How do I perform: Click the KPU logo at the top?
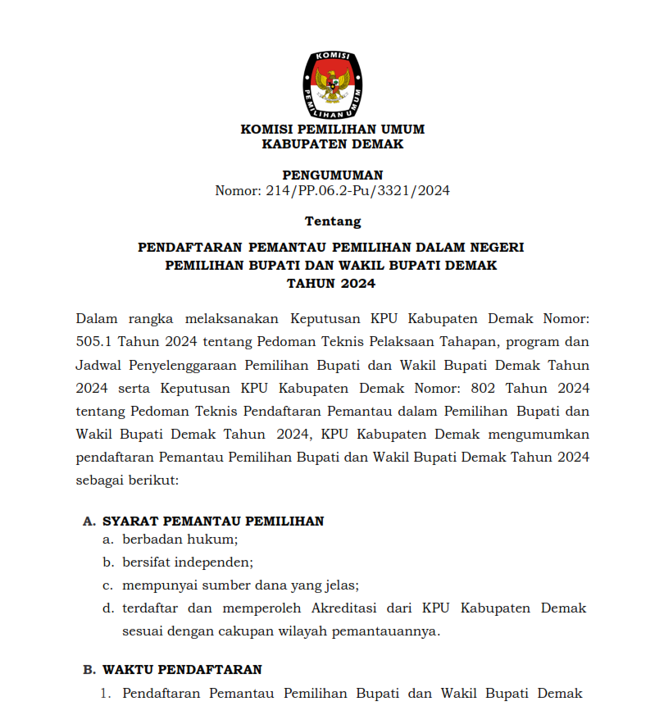(x=332, y=83)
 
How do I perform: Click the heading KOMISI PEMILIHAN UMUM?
(x=332, y=130)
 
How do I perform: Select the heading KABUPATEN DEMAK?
(x=332, y=144)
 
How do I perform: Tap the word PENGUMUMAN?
(x=332, y=175)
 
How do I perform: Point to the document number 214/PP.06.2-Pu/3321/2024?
(x=358, y=191)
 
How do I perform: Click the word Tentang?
(x=332, y=221)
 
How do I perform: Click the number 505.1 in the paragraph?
(x=93, y=341)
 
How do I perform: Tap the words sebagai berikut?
(x=126, y=479)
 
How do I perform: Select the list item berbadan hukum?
(x=180, y=540)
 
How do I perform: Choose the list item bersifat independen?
(x=188, y=563)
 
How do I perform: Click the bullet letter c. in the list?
(x=107, y=585)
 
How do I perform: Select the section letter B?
(x=89, y=670)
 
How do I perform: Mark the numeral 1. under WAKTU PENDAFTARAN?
(x=105, y=694)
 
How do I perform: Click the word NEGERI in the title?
(x=495, y=247)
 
